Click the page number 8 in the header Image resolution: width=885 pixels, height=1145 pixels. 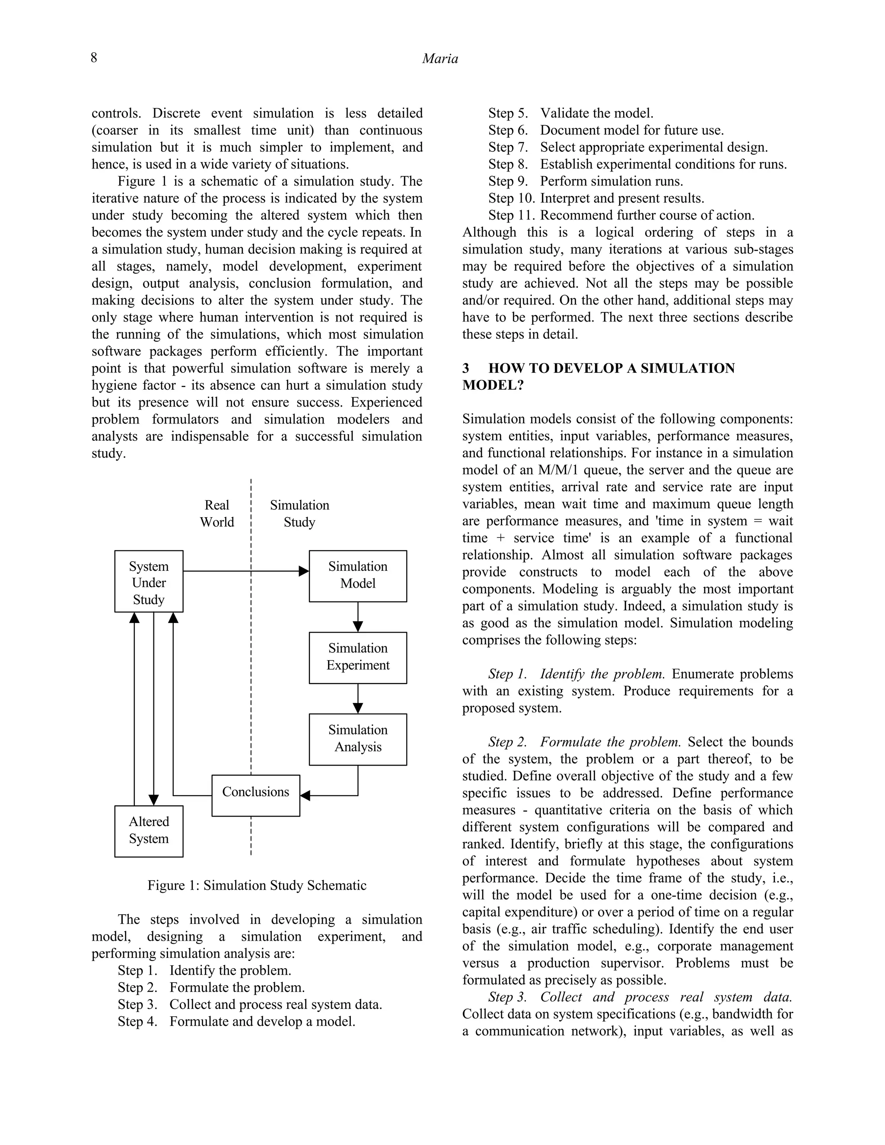[94, 57]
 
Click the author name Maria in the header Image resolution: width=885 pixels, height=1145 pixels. [440, 59]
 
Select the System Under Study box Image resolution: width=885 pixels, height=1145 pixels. [149, 582]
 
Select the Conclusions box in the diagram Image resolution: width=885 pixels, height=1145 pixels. [255, 795]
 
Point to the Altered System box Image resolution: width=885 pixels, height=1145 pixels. [149, 831]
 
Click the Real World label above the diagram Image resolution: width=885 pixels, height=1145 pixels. [216, 514]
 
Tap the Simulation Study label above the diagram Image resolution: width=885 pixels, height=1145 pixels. [299, 514]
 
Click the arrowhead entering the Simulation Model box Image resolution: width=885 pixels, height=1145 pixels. [303, 571]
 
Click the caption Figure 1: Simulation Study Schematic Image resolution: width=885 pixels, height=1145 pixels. [257, 885]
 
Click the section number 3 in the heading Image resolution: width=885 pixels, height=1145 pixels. [465, 368]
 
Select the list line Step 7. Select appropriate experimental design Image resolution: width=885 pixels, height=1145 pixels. [627, 147]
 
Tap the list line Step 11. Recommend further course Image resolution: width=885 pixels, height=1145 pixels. [621, 216]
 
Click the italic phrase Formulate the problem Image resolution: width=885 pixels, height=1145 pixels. [610, 742]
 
